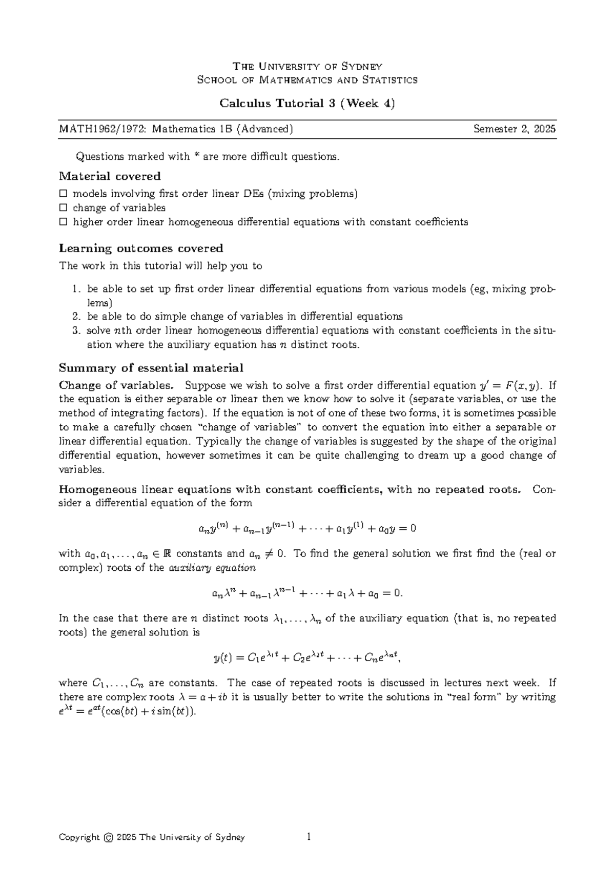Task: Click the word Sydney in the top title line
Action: point(362,67)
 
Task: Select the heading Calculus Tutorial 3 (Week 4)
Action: point(307,104)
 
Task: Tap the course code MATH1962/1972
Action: point(97,129)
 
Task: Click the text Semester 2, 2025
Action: point(514,129)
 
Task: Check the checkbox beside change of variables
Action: point(63,208)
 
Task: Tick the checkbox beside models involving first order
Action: point(63,194)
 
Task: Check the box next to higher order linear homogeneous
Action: point(63,222)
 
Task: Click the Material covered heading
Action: point(110,176)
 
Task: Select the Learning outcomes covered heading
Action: point(141,249)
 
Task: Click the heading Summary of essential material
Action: point(151,368)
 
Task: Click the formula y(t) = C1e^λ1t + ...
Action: point(306,658)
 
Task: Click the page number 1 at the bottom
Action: point(309,837)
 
